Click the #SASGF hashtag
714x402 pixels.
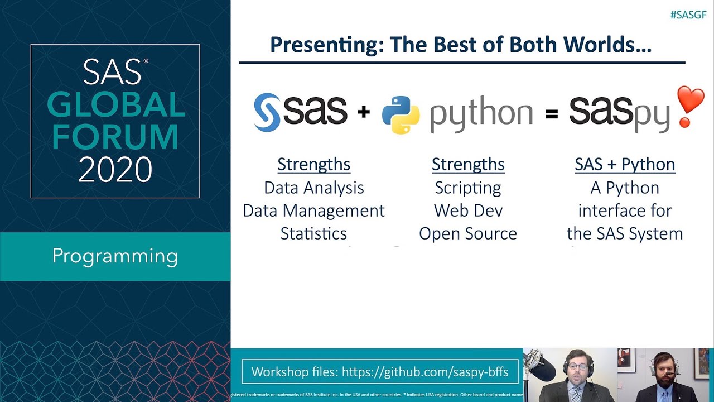[x=688, y=15]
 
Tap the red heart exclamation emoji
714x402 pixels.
[x=691, y=106]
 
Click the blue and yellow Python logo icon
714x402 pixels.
[x=401, y=114]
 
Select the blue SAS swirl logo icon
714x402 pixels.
[x=267, y=112]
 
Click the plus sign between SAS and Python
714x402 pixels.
[x=364, y=113]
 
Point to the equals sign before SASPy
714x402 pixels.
[x=551, y=114]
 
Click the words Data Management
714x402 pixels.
[x=313, y=210]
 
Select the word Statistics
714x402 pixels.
[x=313, y=233]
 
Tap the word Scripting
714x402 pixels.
[x=467, y=188]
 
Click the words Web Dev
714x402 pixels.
[x=467, y=210]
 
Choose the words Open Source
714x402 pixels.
[x=467, y=233]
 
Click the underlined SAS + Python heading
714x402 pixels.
[x=625, y=164]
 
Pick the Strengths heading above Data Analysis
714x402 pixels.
[x=313, y=164]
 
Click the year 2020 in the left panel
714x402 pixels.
[x=115, y=170]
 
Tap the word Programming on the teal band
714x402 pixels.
[x=115, y=256]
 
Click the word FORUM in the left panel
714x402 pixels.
[x=115, y=137]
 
